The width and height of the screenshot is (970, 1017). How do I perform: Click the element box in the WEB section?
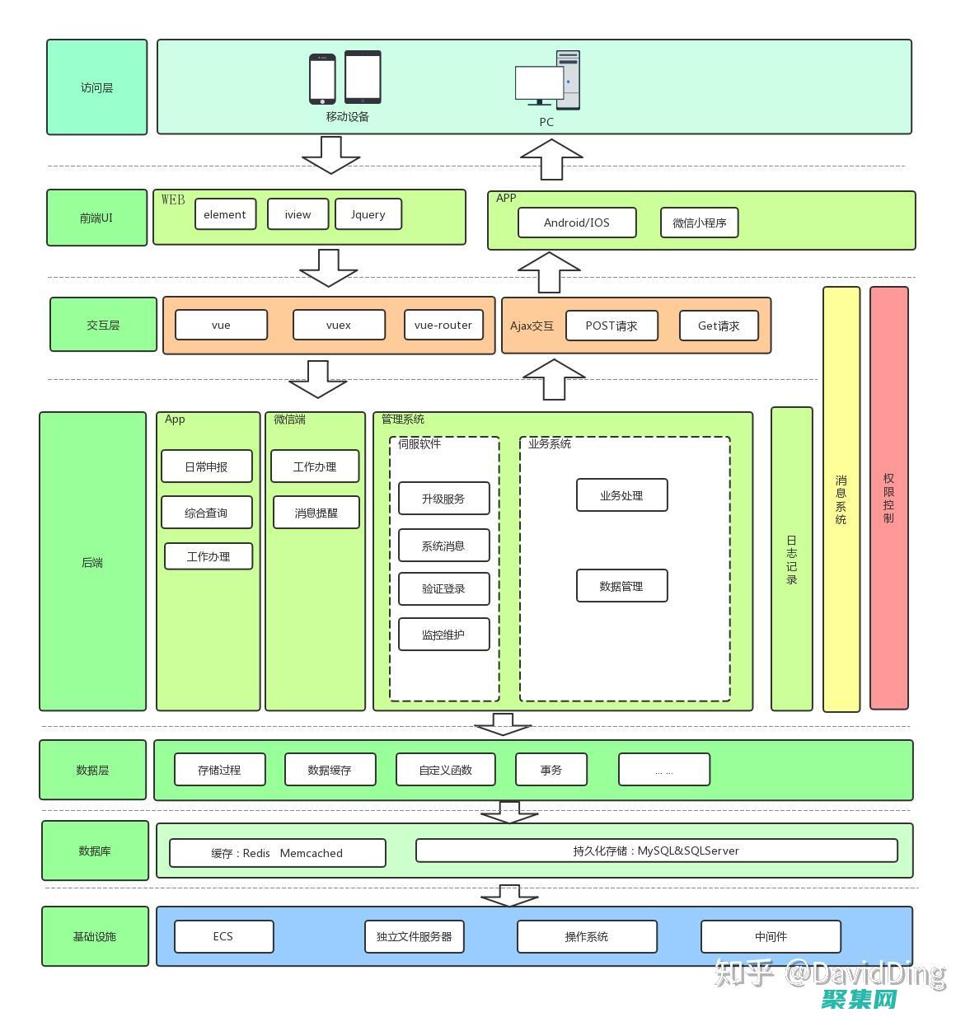[x=225, y=214]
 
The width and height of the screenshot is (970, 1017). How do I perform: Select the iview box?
[x=298, y=214]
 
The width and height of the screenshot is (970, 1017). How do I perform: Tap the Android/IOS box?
[x=576, y=223]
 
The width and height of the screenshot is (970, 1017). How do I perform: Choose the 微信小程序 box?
[x=699, y=223]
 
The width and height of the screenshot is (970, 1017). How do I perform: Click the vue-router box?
[x=443, y=325]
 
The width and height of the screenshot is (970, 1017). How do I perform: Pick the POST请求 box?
[x=612, y=326]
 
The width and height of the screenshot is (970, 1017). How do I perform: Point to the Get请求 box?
[x=718, y=326]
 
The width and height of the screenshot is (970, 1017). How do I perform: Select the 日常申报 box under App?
[x=206, y=466]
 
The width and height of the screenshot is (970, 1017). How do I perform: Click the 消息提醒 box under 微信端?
[x=316, y=513]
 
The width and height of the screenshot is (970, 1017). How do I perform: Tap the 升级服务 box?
[x=443, y=499]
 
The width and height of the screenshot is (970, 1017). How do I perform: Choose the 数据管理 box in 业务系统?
[x=621, y=586]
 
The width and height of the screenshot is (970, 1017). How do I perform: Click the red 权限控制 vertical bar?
[x=888, y=498]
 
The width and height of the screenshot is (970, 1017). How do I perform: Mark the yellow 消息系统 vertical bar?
[x=841, y=499]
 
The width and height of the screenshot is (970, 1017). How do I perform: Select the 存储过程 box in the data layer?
[x=219, y=770]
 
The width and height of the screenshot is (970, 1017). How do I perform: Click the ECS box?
[x=223, y=936]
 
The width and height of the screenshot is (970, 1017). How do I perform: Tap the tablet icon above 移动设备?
[x=363, y=77]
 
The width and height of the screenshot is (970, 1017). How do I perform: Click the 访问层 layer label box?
[x=96, y=87]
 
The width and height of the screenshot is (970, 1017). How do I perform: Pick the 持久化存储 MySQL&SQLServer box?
[x=656, y=851]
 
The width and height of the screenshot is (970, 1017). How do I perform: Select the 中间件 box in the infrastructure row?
[x=771, y=936]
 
